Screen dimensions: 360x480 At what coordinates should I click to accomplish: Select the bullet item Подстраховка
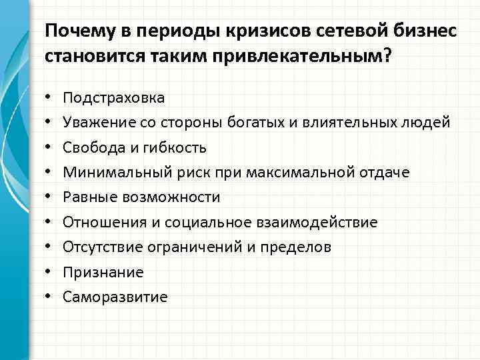[x=113, y=98]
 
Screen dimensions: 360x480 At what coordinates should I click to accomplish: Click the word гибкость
[x=173, y=147]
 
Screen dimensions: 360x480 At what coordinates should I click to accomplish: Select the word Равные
[x=86, y=197]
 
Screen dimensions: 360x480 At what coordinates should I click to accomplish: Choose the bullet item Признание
[x=103, y=272]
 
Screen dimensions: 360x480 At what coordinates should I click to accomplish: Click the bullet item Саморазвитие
[x=115, y=297]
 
